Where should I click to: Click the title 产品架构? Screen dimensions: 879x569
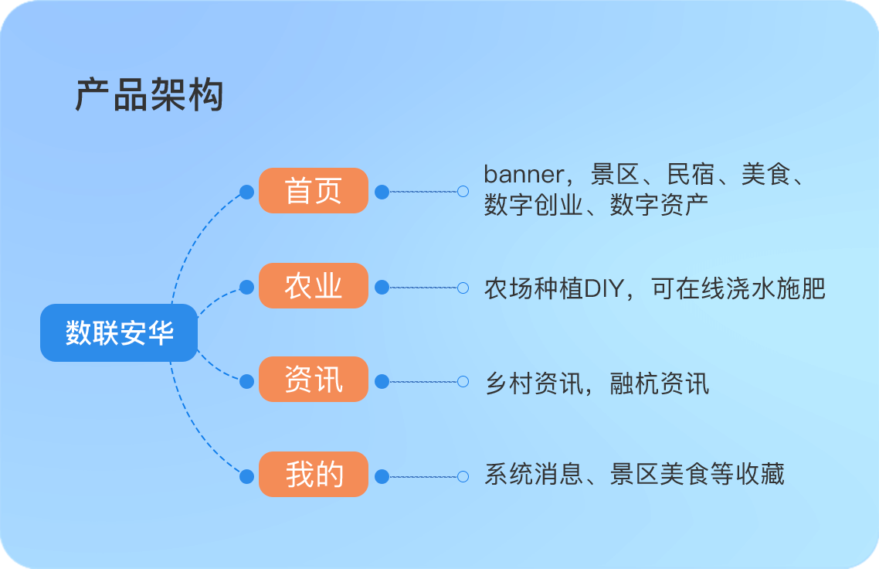pos(150,94)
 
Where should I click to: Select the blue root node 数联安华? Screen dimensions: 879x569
pos(119,332)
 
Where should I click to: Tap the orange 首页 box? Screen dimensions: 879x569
pos(314,190)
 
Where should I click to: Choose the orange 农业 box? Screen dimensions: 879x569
pos(314,285)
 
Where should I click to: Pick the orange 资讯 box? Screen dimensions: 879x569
pos(314,380)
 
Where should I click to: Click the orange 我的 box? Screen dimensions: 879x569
pos(314,474)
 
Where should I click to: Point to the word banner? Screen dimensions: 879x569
pos(524,174)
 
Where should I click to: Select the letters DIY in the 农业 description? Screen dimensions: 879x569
pos(604,289)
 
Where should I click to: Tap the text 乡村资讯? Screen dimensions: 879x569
pos(534,383)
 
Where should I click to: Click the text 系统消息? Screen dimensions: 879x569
pos(534,474)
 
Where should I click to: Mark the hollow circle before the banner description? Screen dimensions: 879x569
pos(463,192)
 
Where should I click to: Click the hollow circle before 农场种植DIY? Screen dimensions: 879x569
pos(463,288)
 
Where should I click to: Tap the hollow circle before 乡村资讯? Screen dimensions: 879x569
pos(463,382)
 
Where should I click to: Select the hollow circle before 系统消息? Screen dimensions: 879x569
pos(463,476)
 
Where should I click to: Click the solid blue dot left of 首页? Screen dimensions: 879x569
pos(246,192)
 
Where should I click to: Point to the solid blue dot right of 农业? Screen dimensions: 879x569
pos(382,288)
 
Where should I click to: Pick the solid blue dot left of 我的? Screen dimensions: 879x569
pos(246,476)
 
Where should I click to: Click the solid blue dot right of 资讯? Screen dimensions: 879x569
pos(382,382)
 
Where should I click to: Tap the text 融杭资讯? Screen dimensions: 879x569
pos(660,383)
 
